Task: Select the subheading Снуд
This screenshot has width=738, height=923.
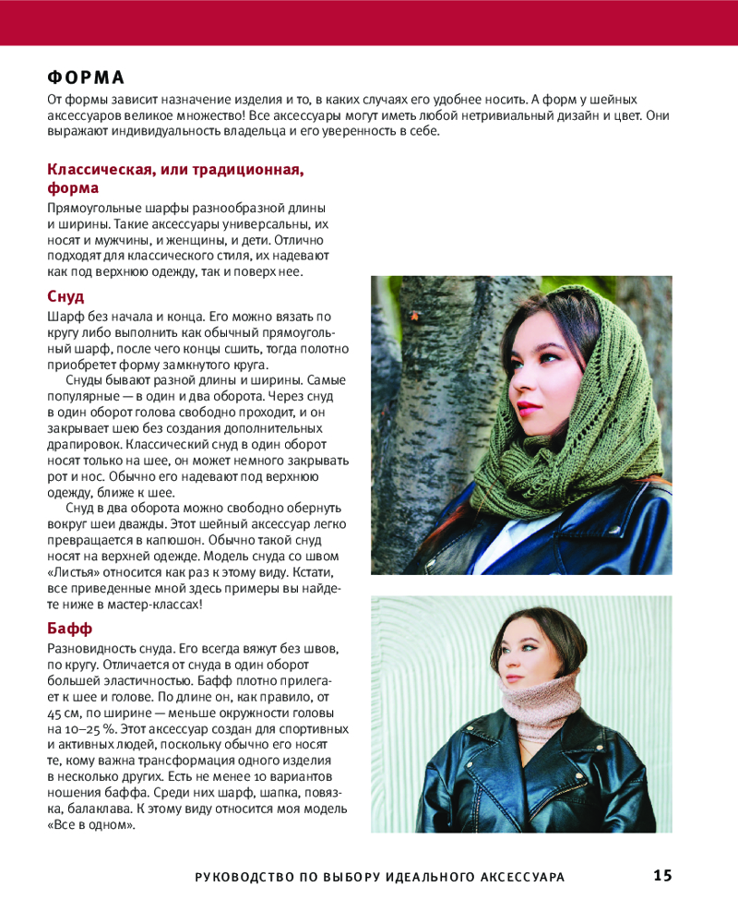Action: [x=65, y=297]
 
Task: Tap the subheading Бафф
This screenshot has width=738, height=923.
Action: [x=69, y=628]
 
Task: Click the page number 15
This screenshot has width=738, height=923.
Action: [x=662, y=876]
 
